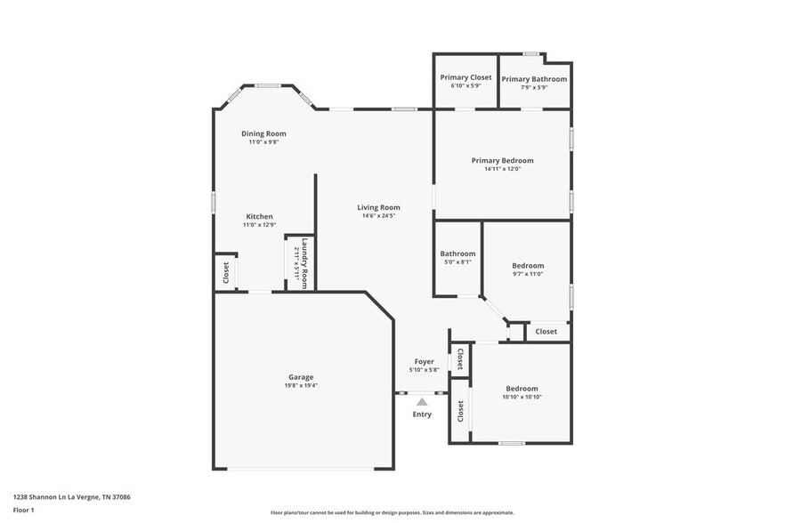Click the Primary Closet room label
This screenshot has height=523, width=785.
[466, 77]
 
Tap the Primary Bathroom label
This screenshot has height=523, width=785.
[534, 79]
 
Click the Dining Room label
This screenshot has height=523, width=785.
[263, 133]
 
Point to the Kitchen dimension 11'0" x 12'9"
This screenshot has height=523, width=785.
[259, 225]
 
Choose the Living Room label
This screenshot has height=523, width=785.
[378, 207]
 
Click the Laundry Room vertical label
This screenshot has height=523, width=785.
[303, 263]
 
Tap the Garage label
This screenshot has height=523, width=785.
[300, 377]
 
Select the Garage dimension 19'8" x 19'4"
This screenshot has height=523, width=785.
[300, 386]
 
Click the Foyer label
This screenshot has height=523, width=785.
[424, 361]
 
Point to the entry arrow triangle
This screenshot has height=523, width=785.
[422, 402]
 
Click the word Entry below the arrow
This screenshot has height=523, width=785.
[422, 414]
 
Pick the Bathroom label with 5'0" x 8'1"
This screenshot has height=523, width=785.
[457, 253]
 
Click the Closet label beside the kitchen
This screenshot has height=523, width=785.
[226, 271]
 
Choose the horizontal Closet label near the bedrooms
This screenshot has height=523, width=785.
[546, 332]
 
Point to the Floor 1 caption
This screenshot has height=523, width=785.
[23, 510]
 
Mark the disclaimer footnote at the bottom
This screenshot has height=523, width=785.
[392, 512]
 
